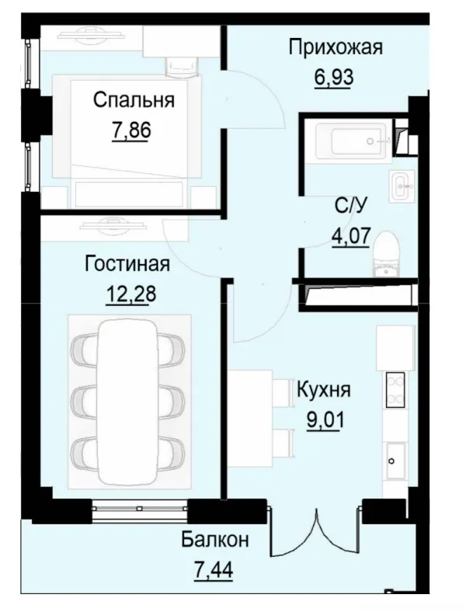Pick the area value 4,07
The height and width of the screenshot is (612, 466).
point(349,235)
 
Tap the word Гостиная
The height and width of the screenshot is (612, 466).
point(127,264)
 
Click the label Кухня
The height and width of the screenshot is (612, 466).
point(324,389)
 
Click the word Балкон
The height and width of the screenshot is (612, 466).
point(215,539)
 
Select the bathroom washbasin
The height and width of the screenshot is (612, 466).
point(403,185)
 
